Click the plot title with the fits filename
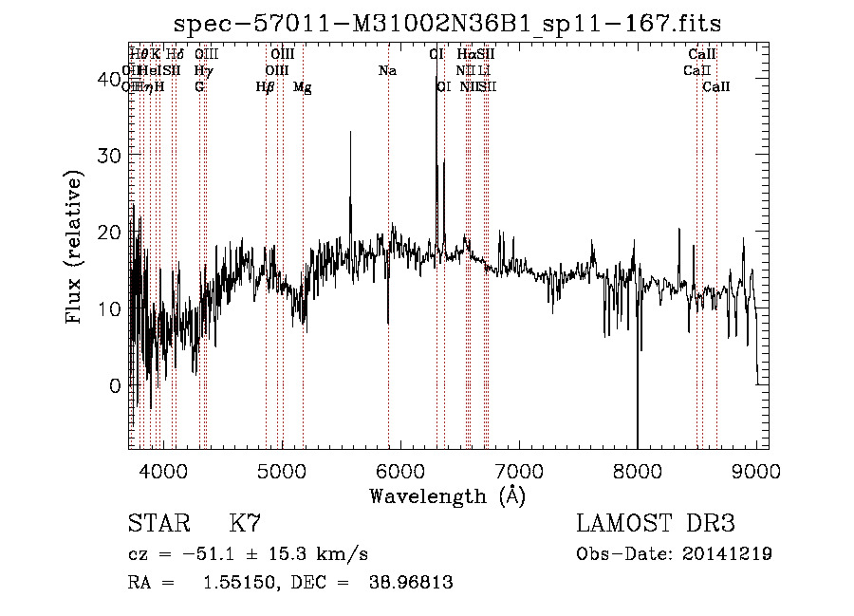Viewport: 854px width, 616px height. tap(455, 24)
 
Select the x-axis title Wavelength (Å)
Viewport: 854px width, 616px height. tap(447, 495)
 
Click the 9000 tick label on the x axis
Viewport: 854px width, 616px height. tap(755, 471)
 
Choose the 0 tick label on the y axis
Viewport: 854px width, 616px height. tap(114, 386)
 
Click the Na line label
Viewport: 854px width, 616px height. tap(387, 70)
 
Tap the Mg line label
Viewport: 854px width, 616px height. tap(302, 87)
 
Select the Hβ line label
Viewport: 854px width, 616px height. tap(265, 87)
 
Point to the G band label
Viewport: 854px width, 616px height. tap(199, 87)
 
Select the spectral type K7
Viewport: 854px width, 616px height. tap(245, 524)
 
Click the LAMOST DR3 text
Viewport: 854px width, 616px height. tap(655, 524)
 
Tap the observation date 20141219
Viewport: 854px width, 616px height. tap(728, 553)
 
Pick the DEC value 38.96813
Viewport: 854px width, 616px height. tap(410, 583)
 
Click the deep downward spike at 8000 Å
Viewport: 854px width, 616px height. tap(637, 418)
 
